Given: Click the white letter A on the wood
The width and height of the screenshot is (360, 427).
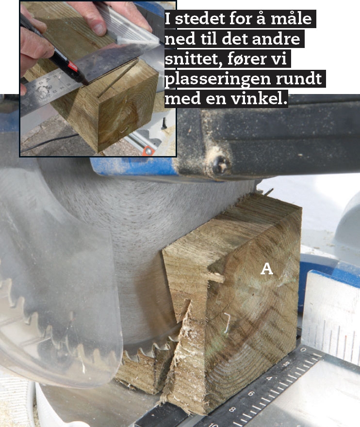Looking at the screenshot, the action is pyautogui.click(x=266, y=269).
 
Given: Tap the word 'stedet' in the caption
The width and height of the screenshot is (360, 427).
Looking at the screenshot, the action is pyautogui.click(x=200, y=19).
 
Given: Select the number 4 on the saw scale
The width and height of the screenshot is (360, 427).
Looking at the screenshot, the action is pyautogui.click(x=269, y=378).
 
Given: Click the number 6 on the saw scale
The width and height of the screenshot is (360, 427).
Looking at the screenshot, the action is pyautogui.click(x=251, y=394).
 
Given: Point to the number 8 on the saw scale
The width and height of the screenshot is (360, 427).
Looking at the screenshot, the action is pyautogui.click(x=232, y=409).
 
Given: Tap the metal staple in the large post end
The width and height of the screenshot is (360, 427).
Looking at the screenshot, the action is pyautogui.click(x=227, y=322).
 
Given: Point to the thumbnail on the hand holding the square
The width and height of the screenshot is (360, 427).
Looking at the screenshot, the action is pyautogui.click(x=98, y=29).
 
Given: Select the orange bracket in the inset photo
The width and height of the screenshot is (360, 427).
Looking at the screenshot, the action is pyautogui.click(x=148, y=151).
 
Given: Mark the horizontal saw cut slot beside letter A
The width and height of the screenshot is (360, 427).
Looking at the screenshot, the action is pyautogui.click(x=216, y=277).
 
